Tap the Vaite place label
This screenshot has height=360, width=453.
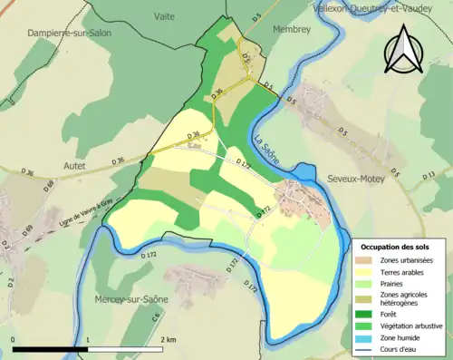(x=164, y=16)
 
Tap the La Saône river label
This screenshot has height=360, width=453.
(x=269, y=149)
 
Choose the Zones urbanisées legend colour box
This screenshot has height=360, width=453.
(x=366, y=261)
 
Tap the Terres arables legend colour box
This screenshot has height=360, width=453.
(x=366, y=273)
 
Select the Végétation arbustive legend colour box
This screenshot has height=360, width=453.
(x=366, y=325)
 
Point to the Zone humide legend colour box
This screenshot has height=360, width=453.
(x=366, y=336)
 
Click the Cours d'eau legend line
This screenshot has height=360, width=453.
(x=366, y=348)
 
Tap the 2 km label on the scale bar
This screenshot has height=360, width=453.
(x=168, y=338)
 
